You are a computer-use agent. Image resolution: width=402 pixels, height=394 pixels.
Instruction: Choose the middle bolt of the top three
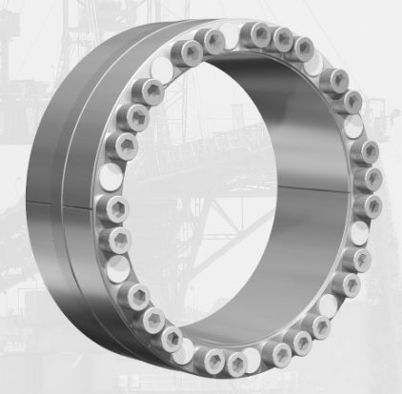point(282,39)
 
